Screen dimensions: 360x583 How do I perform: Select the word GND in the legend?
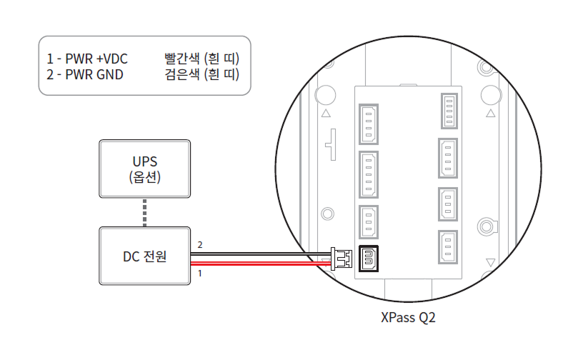[107, 74]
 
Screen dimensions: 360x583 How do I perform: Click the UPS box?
[144, 169]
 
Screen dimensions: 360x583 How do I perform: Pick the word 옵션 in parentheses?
[144, 177]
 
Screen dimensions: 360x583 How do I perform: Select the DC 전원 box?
[144, 256]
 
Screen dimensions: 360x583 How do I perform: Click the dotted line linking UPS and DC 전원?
[144, 212]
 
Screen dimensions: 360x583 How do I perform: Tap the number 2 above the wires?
[200, 245]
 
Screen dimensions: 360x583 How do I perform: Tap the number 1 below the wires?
[200, 273]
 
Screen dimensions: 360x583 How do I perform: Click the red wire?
[257, 263]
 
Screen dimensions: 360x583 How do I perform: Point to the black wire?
[257, 252]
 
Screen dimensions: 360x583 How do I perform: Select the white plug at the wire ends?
[341, 258]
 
